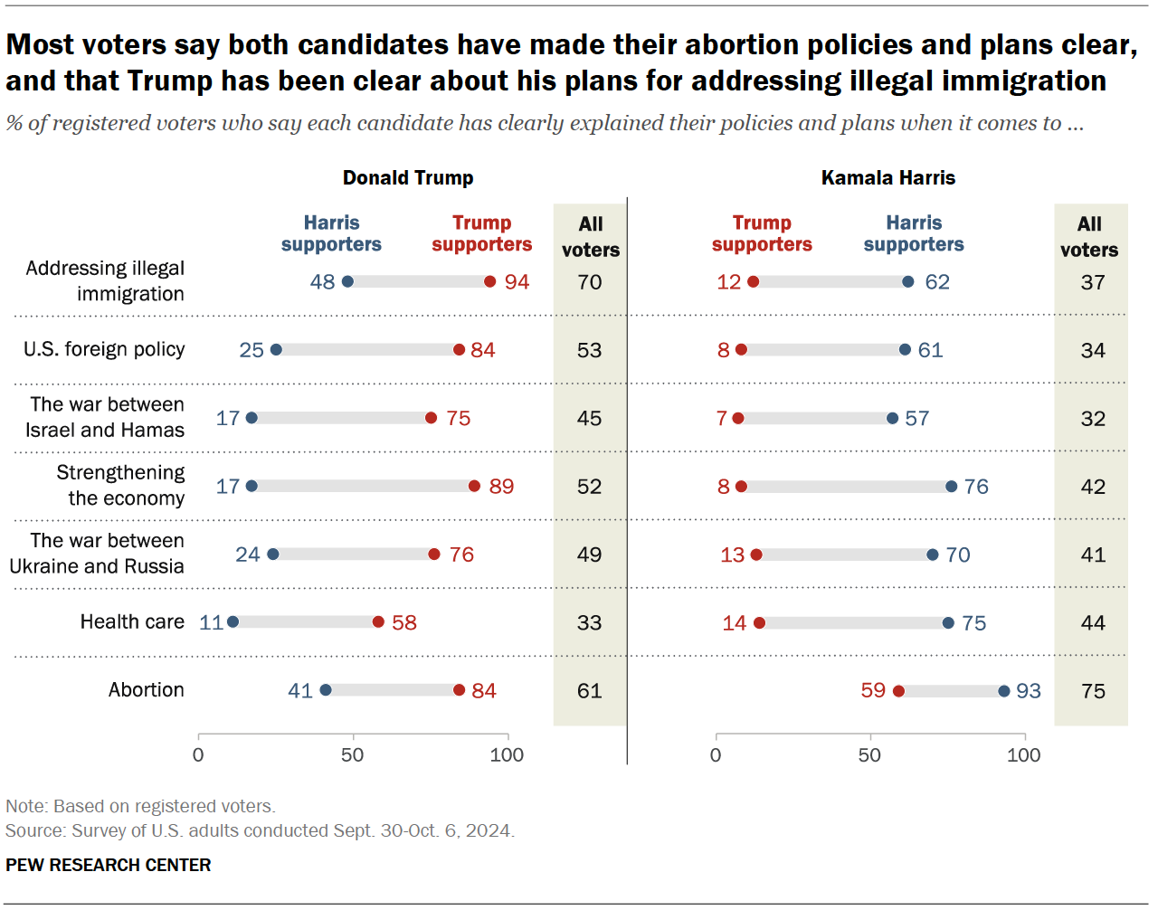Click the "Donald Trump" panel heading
click(x=408, y=177)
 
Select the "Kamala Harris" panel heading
click(x=887, y=177)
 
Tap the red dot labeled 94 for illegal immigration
click(x=489, y=281)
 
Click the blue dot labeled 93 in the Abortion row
click(x=1003, y=691)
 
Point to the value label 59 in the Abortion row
click(x=873, y=690)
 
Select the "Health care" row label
click(x=132, y=621)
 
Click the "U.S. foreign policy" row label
click(x=104, y=349)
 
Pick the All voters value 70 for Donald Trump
click(x=589, y=282)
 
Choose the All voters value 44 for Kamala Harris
click(x=1093, y=622)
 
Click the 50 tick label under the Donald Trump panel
click(x=353, y=754)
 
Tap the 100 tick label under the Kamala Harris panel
click(x=1023, y=754)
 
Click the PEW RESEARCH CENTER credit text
click(x=109, y=865)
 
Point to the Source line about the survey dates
click(x=260, y=830)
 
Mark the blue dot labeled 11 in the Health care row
click(x=233, y=621)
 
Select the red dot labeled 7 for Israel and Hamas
click(x=738, y=418)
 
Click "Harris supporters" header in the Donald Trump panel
click(x=331, y=233)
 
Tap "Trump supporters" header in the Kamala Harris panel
click(x=762, y=233)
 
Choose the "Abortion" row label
click(x=147, y=689)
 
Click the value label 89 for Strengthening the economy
click(x=501, y=487)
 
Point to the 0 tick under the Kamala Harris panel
click(x=716, y=754)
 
